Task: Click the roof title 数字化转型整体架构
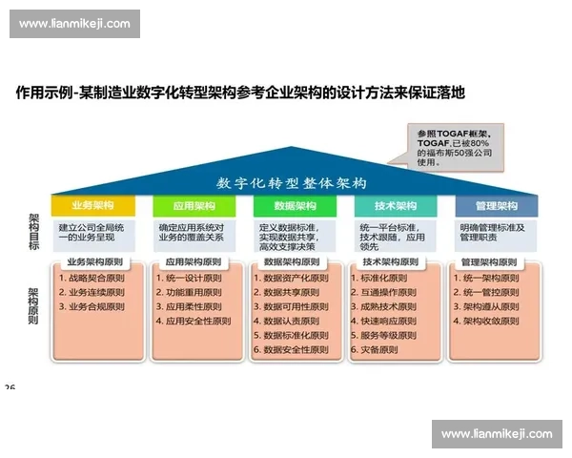click(x=291, y=182)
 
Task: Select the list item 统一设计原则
click(x=194, y=278)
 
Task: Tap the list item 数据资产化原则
click(x=295, y=278)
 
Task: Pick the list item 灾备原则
click(x=379, y=350)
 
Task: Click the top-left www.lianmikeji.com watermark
click(x=75, y=24)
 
